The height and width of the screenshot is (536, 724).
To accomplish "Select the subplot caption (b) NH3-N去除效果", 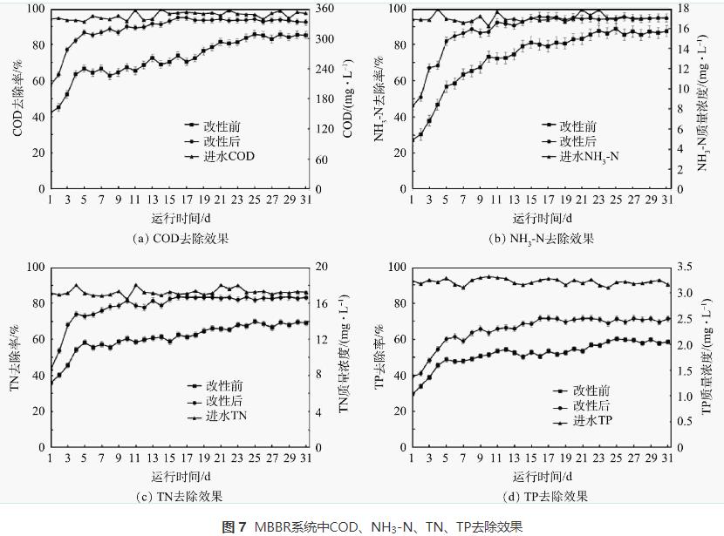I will [x=542, y=237].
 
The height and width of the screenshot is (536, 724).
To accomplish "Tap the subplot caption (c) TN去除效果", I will [x=181, y=496].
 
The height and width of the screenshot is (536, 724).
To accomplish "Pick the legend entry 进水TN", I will [x=226, y=416].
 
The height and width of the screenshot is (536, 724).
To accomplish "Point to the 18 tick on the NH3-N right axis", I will [x=686, y=9].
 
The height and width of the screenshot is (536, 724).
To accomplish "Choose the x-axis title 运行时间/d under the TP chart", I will [x=542, y=477].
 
